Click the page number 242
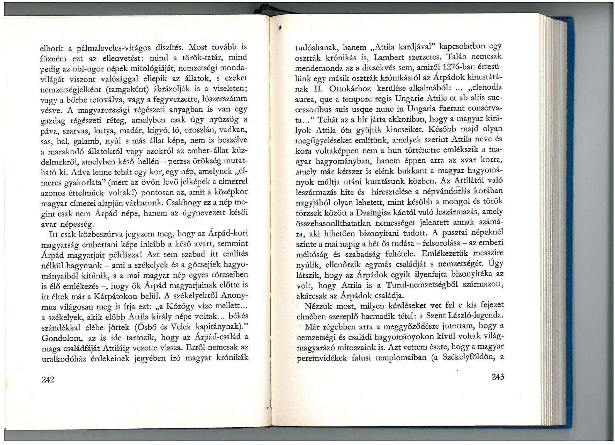tap(48, 379)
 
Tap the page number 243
tap(498, 377)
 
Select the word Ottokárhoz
tap(349, 88)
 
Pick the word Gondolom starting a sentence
tap(61, 338)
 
